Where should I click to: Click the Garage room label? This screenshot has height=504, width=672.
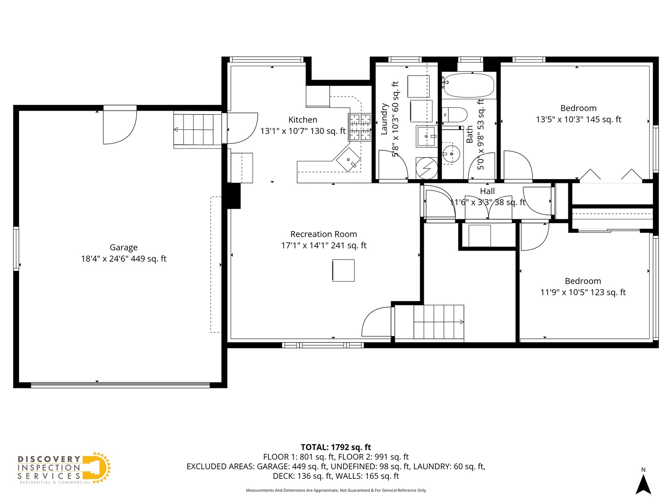(124, 247)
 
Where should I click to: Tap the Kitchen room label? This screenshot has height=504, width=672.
(303, 120)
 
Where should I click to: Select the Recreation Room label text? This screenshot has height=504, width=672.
(323, 234)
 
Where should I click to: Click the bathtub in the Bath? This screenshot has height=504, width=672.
(468, 85)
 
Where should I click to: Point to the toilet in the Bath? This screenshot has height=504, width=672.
(455, 114)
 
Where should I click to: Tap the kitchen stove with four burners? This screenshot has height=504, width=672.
(359, 127)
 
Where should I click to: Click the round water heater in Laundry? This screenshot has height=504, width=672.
(427, 168)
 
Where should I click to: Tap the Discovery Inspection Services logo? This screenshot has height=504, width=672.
(64, 468)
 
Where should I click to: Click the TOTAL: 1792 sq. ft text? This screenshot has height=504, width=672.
(336, 447)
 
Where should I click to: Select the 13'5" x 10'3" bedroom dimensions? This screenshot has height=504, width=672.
(578, 119)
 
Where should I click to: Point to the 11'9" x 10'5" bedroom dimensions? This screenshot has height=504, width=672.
(583, 293)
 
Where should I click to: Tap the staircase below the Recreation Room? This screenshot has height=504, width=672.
(438, 322)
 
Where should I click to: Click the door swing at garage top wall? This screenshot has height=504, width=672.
(119, 125)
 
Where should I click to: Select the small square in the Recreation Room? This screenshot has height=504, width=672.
(343, 271)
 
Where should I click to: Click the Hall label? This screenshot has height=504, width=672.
(487, 191)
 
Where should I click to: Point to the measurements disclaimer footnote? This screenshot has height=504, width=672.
(336, 490)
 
